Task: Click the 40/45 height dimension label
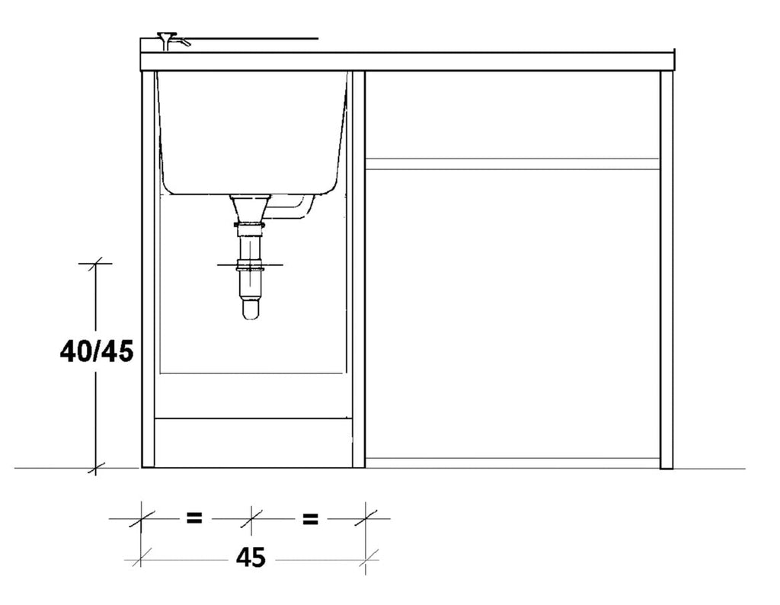coord(97,352)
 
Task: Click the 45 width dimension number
coord(251,558)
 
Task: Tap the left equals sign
coord(194,518)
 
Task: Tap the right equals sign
coord(310,519)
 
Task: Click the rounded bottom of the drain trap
coord(251,309)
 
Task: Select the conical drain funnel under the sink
coord(250,207)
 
